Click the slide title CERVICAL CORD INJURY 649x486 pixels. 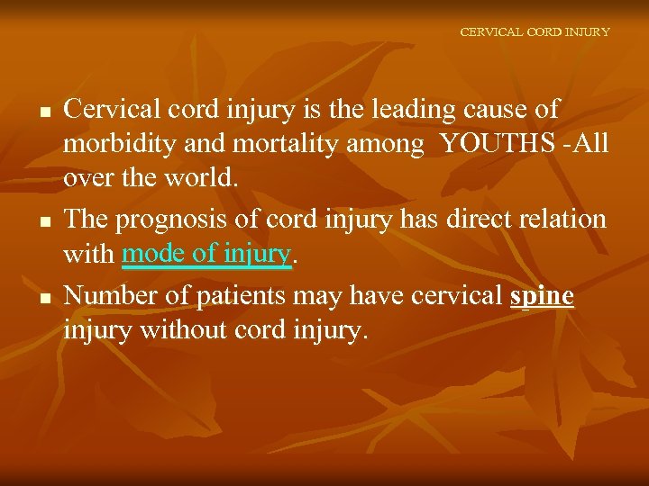[535, 31]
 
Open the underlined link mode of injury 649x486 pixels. [206, 255]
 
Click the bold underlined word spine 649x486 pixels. [542, 296]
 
